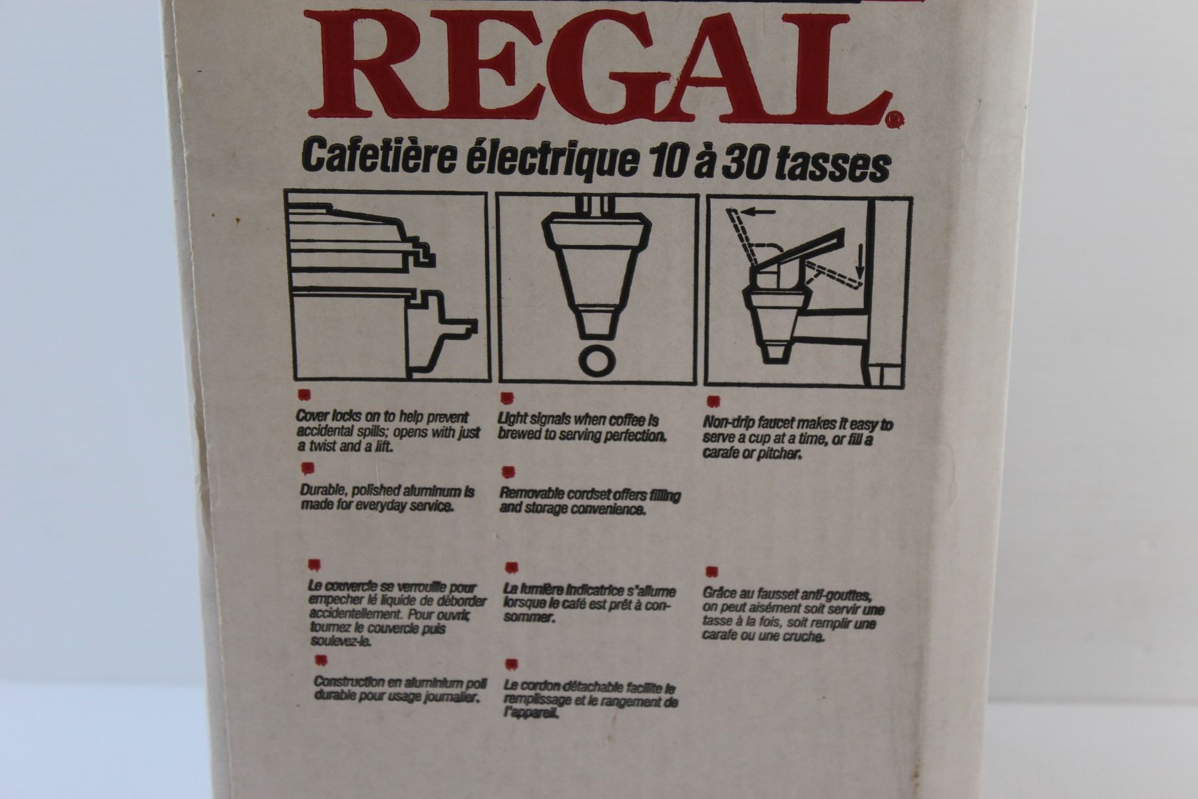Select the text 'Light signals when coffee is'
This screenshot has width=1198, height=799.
(578, 420)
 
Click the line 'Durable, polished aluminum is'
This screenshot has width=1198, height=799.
(387, 491)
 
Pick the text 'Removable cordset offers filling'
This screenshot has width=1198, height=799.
(590, 495)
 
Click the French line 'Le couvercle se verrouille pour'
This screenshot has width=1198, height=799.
(393, 588)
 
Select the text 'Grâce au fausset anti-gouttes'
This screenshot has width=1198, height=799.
(787, 594)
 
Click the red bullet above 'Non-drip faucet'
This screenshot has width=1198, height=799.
(712, 401)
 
